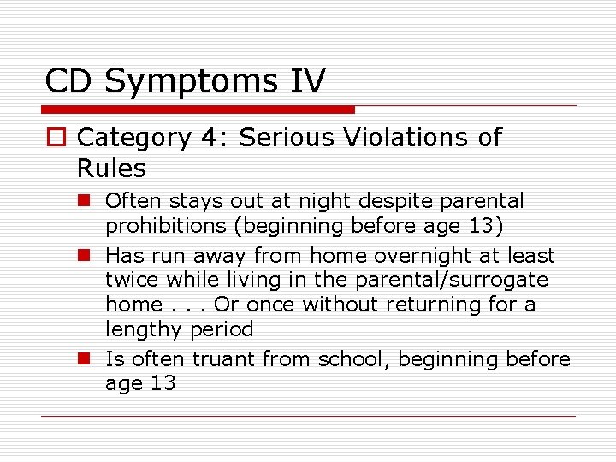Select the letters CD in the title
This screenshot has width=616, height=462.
point(70,81)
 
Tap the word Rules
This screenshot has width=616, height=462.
point(111,168)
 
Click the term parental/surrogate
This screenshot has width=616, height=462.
point(463,280)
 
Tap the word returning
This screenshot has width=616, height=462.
point(446,305)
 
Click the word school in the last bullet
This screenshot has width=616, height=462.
point(351,359)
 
